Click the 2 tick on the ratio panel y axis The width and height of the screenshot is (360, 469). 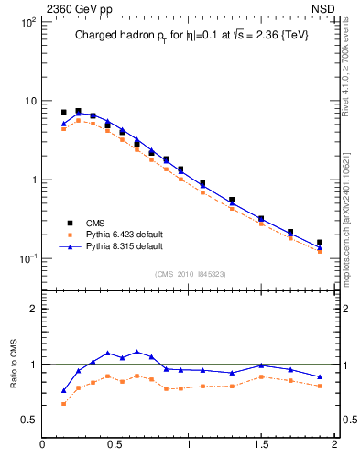[32, 310]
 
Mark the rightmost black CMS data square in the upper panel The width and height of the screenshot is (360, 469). [320, 243]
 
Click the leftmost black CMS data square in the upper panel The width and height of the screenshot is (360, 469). [63, 112]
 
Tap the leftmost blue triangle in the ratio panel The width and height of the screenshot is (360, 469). [63, 391]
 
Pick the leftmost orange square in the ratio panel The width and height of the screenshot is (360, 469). [63, 404]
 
